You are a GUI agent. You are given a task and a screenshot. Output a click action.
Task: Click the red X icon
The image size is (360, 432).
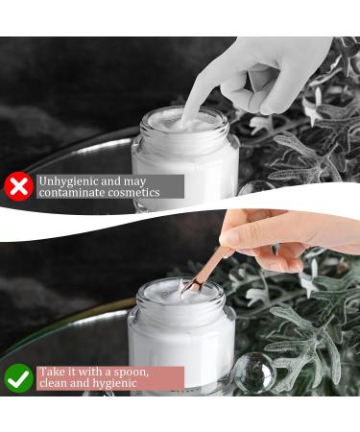[19, 186]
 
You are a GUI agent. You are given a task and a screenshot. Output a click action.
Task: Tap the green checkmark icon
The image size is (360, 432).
[19, 378]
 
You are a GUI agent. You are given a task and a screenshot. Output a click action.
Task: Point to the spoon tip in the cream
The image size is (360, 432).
[186, 291]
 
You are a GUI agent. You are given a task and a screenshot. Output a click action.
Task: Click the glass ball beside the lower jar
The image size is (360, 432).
[253, 372]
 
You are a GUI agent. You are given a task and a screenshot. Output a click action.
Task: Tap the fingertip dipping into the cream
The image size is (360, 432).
[187, 119]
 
